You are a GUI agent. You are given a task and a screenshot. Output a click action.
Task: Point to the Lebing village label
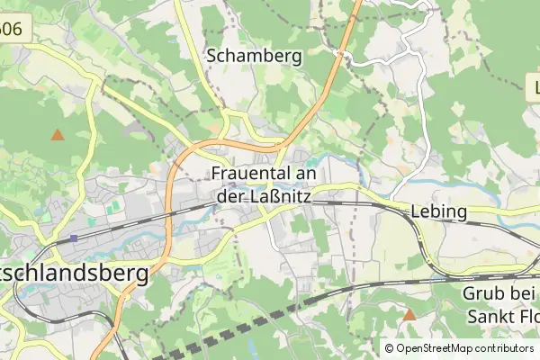pyautogui.click(x=438, y=212)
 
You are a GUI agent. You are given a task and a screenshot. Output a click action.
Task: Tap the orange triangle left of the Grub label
pyautogui.click(x=409, y=315)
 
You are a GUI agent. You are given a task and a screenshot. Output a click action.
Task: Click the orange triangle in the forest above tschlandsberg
pyautogui.click(x=58, y=135)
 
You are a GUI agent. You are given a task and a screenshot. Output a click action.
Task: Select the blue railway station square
pyautogui.click(x=74, y=238)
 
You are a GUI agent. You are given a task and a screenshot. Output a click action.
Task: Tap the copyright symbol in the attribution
pyautogui.click(x=389, y=347)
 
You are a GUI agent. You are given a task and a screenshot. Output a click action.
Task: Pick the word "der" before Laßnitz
pyautogui.click(x=230, y=193)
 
